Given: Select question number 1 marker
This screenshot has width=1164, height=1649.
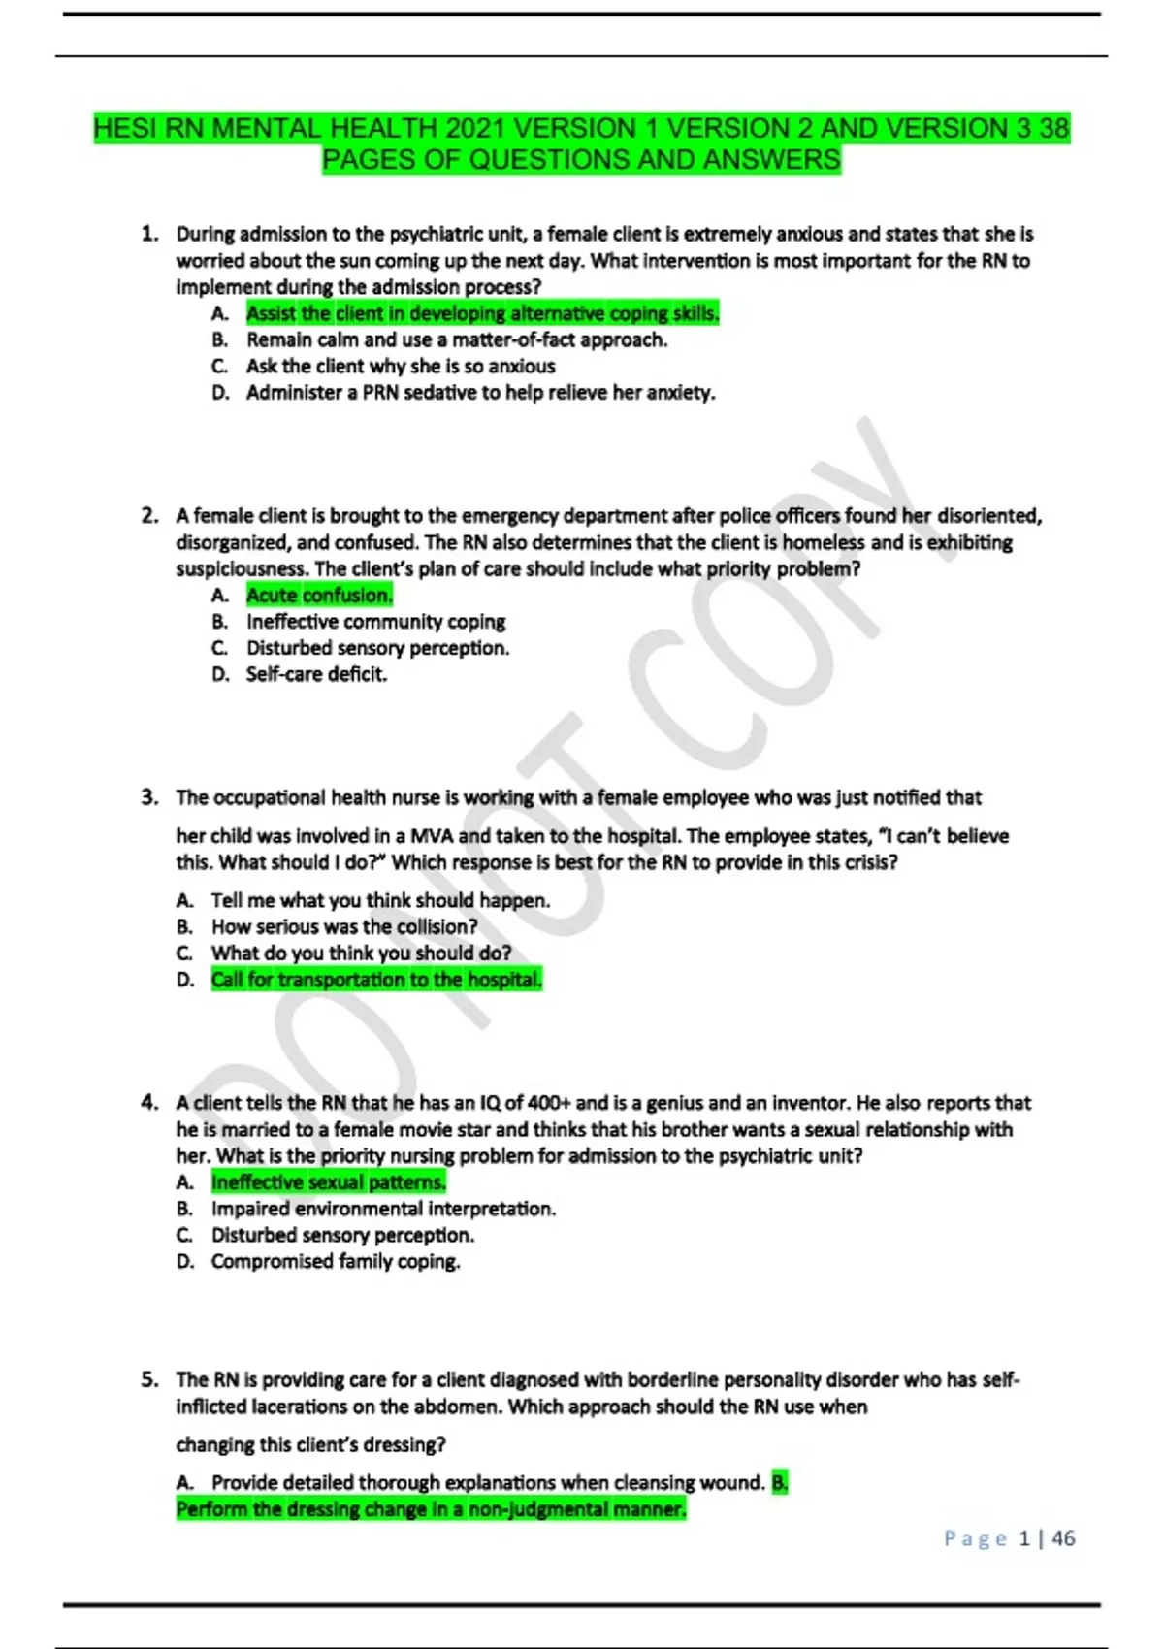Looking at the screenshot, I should tap(149, 234).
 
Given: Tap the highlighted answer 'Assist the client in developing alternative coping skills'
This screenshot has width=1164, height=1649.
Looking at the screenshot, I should tap(482, 313).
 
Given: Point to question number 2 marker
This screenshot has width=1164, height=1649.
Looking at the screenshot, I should tap(149, 516).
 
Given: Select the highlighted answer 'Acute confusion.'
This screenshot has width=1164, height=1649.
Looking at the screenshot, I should tap(319, 596).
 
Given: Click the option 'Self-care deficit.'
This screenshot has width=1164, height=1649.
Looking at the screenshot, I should tap(316, 674).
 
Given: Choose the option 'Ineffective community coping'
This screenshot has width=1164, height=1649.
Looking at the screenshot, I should tap(375, 622).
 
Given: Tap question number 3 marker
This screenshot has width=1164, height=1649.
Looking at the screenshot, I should tap(149, 797).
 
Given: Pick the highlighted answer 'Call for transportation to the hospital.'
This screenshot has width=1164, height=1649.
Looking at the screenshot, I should tap(376, 980).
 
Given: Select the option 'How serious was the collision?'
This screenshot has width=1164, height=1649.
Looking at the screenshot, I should tap(344, 926).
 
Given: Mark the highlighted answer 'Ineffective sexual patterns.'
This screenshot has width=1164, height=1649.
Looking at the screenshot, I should tap(329, 1182).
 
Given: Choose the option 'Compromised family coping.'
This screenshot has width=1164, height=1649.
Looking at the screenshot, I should tap(336, 1261).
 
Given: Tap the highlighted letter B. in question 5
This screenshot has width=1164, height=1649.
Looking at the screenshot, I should tap(780, 1482).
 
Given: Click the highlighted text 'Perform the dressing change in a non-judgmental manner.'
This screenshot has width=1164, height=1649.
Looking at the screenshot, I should tap(431, 1509).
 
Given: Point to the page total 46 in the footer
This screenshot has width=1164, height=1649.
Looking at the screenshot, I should tap(1063, 1538).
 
